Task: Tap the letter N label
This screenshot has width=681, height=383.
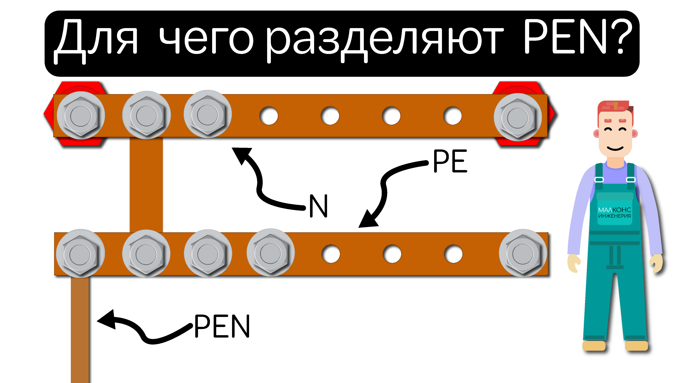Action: pos(319,206)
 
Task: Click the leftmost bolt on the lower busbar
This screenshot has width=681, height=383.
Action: pos(80,254)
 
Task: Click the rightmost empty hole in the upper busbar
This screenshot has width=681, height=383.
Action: pos(453,116)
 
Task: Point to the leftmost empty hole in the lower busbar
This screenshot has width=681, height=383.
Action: pos(331,254)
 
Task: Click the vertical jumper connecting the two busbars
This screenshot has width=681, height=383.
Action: pos(146,185)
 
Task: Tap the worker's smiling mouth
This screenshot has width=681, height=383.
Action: pos(615,148)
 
